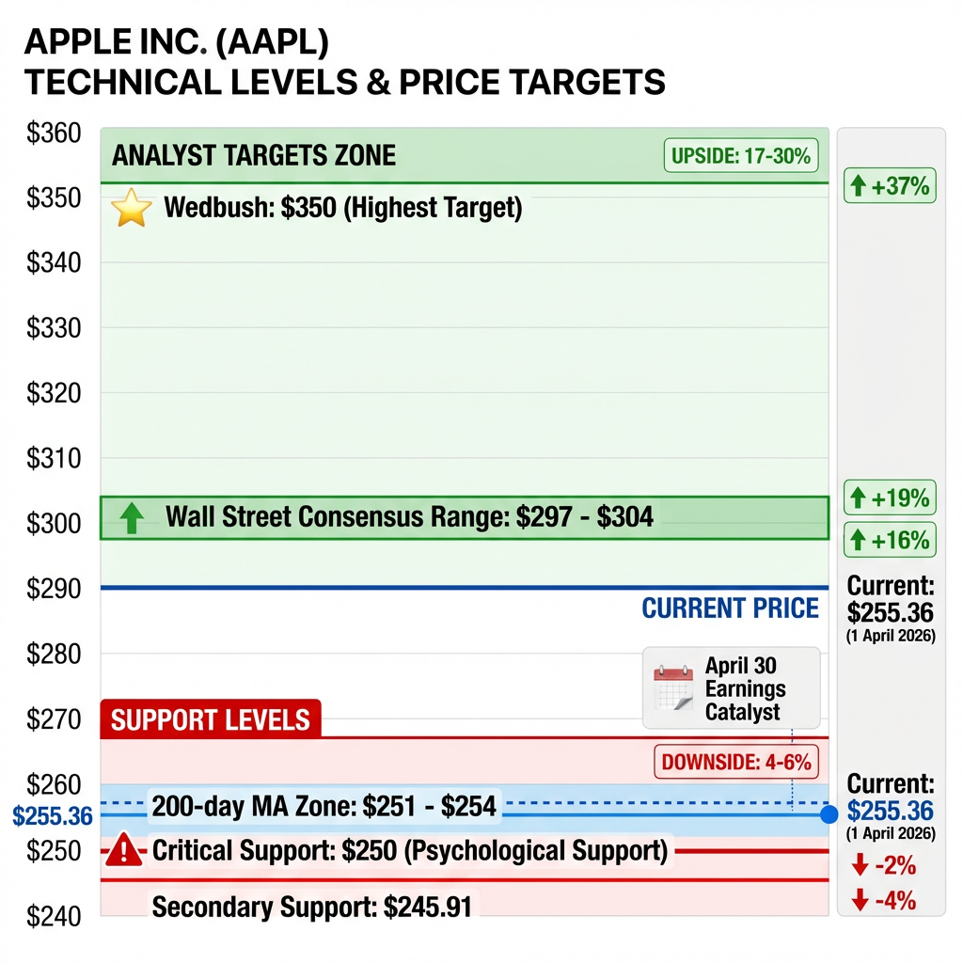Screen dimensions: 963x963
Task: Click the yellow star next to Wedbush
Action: pos(132,208)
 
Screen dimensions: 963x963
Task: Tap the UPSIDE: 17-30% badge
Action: pos(741,155)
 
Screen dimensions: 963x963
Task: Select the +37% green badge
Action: pos(889,186)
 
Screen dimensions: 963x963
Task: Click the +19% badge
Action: pos(889,497)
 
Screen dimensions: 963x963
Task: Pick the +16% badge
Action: pos(889,540)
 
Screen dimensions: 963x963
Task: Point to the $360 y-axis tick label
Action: pos(54,134)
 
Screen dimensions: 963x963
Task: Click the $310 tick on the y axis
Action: pos(54,459)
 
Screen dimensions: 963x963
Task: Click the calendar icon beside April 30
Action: pos(673,688)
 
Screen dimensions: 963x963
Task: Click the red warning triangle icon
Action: pos(123,851)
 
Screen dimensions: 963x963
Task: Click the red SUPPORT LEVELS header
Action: pos(211,720)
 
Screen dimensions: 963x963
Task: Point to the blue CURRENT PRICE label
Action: pos(730,608)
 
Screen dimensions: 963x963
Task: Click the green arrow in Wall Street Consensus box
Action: pos(132,517)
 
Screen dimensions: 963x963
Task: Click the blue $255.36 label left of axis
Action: pos(52,815)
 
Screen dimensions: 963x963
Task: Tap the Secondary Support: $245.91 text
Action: pos(311,908)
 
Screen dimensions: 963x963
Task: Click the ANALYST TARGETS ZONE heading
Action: pos(254,155)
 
